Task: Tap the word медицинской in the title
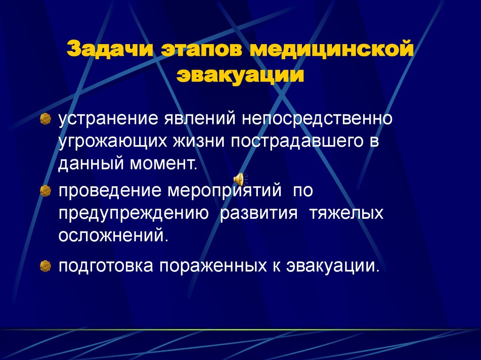pos(332,49)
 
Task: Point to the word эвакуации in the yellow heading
pos(240,75)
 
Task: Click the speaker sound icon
pos(240,179)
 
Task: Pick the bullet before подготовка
pos(45,266)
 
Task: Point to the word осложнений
pos(113,235)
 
